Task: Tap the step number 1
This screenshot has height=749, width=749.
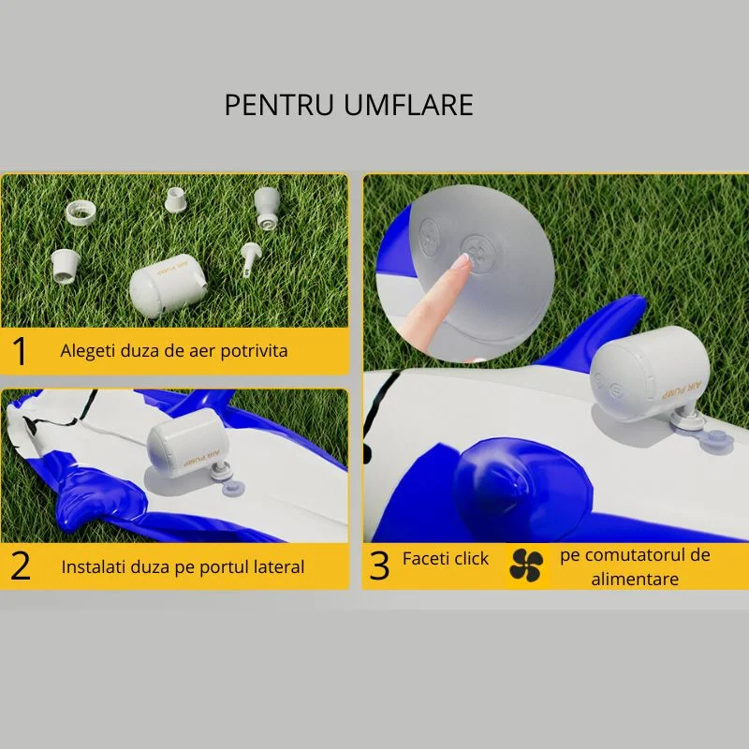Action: point(20,351)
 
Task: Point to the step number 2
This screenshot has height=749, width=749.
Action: point(21,566)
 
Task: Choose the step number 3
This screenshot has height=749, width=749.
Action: point(379,566)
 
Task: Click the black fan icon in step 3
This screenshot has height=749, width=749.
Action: point(526,565)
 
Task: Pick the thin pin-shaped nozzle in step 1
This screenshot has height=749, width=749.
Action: point(249,258)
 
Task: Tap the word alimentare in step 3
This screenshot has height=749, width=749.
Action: point(635,579)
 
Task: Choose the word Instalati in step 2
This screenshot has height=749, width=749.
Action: point(92,566)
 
